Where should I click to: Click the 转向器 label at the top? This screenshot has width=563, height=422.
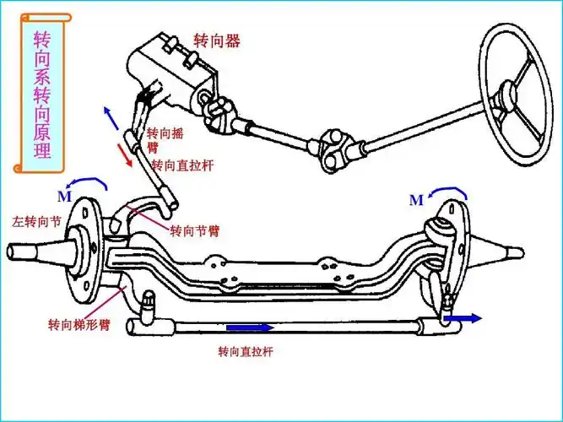217,41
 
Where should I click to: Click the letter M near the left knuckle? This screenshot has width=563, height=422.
64,197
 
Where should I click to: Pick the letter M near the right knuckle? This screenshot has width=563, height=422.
415,201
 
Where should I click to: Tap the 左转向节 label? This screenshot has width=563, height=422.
33,222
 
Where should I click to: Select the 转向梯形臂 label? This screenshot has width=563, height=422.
77,323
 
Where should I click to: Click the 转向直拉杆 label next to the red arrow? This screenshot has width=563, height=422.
181,165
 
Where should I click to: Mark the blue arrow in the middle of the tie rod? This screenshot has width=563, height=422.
250,327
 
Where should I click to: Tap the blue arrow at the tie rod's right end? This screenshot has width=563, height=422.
464,319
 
